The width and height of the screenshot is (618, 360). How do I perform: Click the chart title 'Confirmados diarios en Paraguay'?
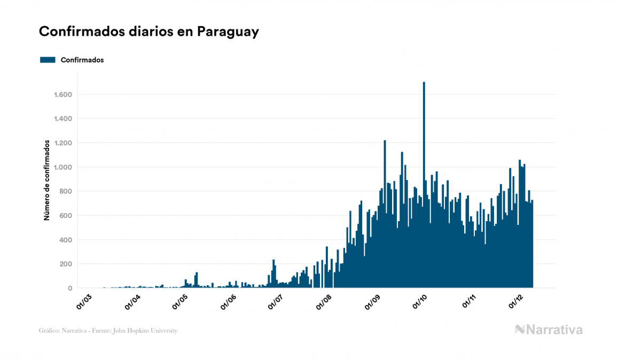pyautogui.click(x=149, y=32)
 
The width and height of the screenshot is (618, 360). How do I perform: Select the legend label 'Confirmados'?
pyautogui.click(x=82, y=60)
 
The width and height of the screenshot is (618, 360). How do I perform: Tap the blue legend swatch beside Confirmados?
pyautogui.click(x=48, y=60)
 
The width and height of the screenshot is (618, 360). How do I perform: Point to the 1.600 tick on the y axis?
pyautogui.click(x=63, y=95)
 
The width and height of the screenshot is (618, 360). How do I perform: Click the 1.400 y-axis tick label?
pyautogui.click(x=63, y=119)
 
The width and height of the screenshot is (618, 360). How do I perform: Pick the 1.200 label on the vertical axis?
pyautogui.click(x=63, y=143)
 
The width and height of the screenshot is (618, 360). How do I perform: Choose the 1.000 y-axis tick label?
pyautogui.click(x=63, y=167)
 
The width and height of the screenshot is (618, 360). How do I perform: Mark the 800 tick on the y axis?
pyautogui.click(x=66, y=191)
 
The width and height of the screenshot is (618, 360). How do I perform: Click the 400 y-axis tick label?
pyautogui.click(x=66, y=240)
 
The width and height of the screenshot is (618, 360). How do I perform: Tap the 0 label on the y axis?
pyautogui.click(x=70, y=288)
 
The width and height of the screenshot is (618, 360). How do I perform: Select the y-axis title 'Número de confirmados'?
pyautogui.click(x=47, y=181)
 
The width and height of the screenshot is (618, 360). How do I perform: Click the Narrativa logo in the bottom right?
pyautogui.click(x=549, y=330)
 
